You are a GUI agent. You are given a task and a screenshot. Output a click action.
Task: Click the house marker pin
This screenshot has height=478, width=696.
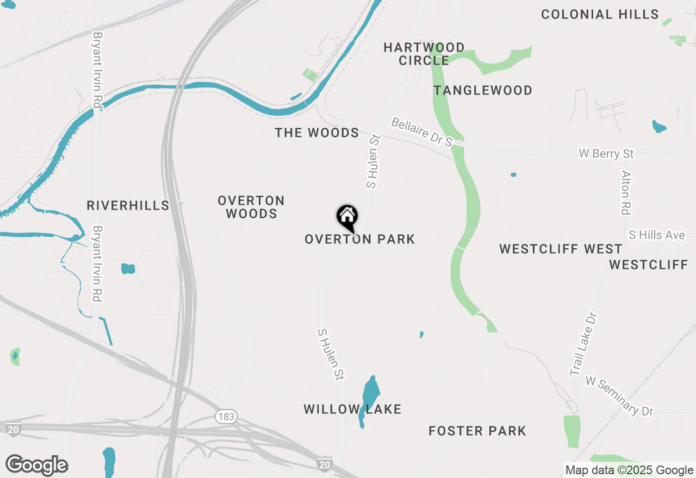(x=347, y=217)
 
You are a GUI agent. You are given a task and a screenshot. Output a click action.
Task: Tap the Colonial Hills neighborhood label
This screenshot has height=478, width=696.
(x=600, y=15)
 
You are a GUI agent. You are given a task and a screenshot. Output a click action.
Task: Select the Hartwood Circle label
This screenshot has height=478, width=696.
(x=424, y=54)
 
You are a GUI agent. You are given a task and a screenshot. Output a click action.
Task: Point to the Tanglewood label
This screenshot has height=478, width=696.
(x=483, y=91)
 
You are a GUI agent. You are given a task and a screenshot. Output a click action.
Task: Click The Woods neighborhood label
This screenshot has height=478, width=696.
(x=316, y=133)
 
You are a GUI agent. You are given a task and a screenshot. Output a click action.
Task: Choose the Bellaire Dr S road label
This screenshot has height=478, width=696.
(x=422, y=133)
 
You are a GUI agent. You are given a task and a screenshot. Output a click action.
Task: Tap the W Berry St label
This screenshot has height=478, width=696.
(x=606, y=154)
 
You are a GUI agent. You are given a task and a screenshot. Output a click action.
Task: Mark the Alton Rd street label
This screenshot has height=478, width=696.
(x=626, y=192)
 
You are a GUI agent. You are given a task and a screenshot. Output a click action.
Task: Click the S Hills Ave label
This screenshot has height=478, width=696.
(x=657, y=235)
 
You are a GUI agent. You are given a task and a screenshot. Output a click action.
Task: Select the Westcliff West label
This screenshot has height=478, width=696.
(x=561, y=249)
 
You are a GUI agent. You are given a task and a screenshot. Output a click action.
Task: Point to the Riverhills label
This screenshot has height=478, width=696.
(x=128, y=205)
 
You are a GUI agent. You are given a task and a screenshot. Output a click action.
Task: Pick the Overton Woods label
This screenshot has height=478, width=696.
(x=251, y=207)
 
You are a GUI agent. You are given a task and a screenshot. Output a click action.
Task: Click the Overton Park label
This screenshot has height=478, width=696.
(x=360, y=239)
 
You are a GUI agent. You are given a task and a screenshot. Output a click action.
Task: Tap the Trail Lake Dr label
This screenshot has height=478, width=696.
(x=583, y=344)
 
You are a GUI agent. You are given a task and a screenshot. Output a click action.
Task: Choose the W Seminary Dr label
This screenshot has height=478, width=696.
(x=619, y=397)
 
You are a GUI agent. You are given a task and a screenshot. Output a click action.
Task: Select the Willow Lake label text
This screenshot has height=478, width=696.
(x=352, y=410)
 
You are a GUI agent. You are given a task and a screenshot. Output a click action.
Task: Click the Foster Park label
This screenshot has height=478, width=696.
(x=477, y=431)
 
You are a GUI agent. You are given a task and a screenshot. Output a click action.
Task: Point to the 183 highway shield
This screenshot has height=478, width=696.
(x=225, y=417)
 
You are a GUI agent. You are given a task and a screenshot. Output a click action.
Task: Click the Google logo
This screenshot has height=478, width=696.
(x=37, y=466)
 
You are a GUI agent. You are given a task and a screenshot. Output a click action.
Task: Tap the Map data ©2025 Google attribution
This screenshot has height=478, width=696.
(x=629, y=470)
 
